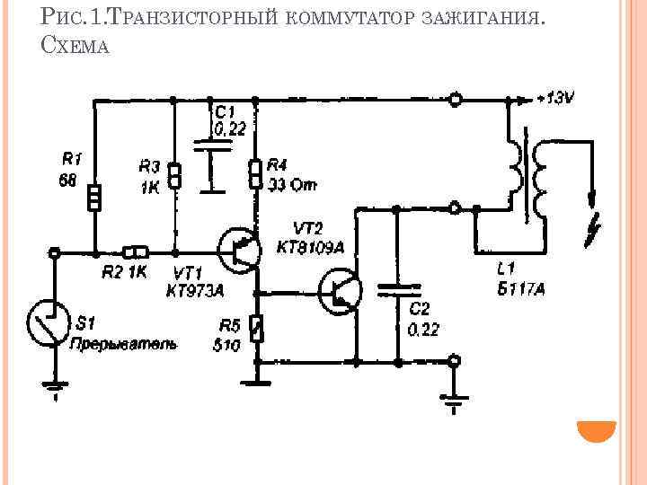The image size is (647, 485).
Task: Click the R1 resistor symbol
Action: click(x=93, y=197)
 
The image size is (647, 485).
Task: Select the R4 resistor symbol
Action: click(x=255, y=172)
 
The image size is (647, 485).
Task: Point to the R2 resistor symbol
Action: click(x=135, y=252)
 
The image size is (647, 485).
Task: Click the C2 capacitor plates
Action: click(x=398, y=290)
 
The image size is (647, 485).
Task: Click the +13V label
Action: click(x=554, y=98)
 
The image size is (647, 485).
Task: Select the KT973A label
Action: click(x=194, y=291)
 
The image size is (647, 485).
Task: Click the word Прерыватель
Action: click(x=126, y=344)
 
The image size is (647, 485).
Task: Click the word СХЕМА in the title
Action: click(x=75, y=47)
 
